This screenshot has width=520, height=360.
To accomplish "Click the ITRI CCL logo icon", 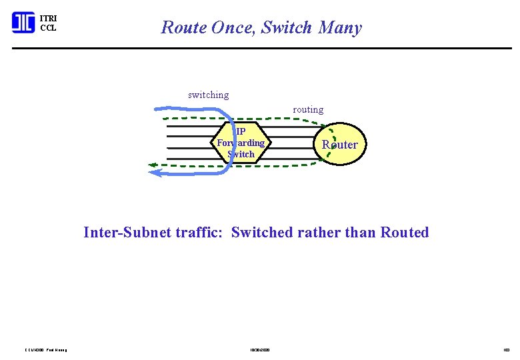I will click(23, 23).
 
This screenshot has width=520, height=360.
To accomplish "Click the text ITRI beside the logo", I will click(49, 18).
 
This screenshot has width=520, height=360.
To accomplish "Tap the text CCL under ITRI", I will click(48, 28).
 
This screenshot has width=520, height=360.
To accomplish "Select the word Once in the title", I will click(234, 28).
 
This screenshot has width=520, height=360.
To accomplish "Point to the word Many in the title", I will click(340, 28).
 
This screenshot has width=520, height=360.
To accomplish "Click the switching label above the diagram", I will click(208, 95).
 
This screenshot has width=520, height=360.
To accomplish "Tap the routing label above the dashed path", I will click(308, 109).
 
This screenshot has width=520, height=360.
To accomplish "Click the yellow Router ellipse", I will click(340, 144).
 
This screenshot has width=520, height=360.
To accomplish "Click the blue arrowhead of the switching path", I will click(155, 173).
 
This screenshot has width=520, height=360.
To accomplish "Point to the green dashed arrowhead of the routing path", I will click(152, 164).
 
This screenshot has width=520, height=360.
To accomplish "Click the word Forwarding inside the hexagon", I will click(241, 143).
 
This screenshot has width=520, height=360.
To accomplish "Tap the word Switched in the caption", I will click(261, 233).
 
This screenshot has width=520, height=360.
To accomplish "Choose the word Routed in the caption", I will click(404, 233).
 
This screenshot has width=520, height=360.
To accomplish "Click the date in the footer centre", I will click(260, 349).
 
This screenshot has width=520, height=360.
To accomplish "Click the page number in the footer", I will click(506, 349).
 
